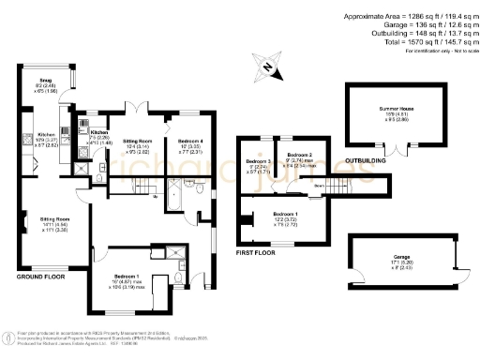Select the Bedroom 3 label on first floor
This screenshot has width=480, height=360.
[254, 161]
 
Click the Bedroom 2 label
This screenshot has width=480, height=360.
[300, 154]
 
